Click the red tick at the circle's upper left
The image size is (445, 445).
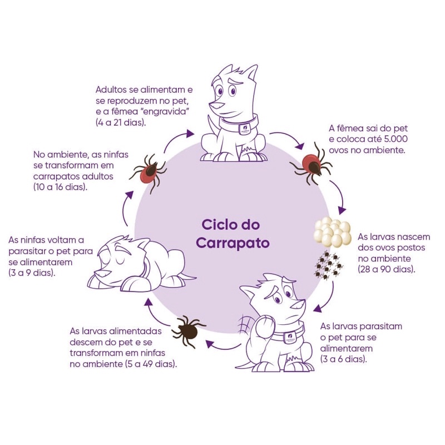coord(148,172)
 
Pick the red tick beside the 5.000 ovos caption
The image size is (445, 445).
coord(311,163)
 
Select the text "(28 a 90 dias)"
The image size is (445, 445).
coord(387,269)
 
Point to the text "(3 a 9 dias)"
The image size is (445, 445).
coord(32,273)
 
